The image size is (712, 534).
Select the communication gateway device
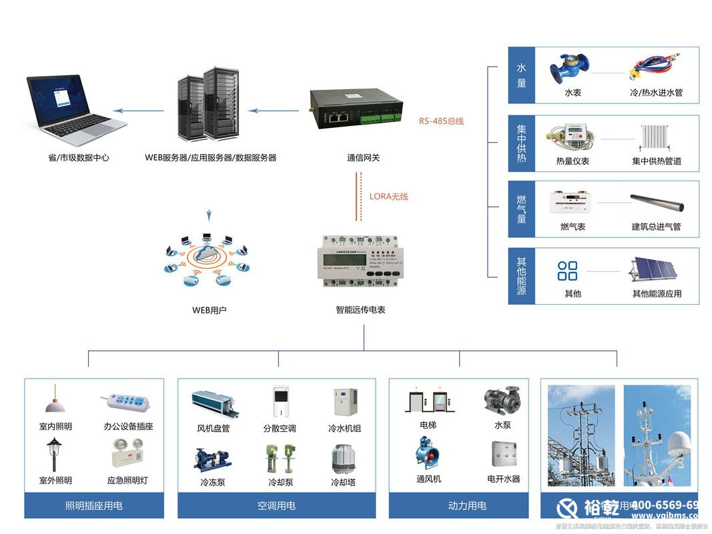(353, 108)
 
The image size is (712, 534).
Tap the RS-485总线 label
(441, 121)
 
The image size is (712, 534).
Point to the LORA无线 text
(388, 197)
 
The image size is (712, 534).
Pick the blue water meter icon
(569, 67)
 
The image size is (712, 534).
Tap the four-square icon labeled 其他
(568, 271)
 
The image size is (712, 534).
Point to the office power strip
(126, 403)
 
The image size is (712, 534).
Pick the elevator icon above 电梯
(427, 402)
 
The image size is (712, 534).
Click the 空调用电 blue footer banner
(277, 506)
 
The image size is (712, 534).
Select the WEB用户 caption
(209, 310)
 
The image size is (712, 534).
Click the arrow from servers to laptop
(138, 111)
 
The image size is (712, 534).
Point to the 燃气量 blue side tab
(522, 209)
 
